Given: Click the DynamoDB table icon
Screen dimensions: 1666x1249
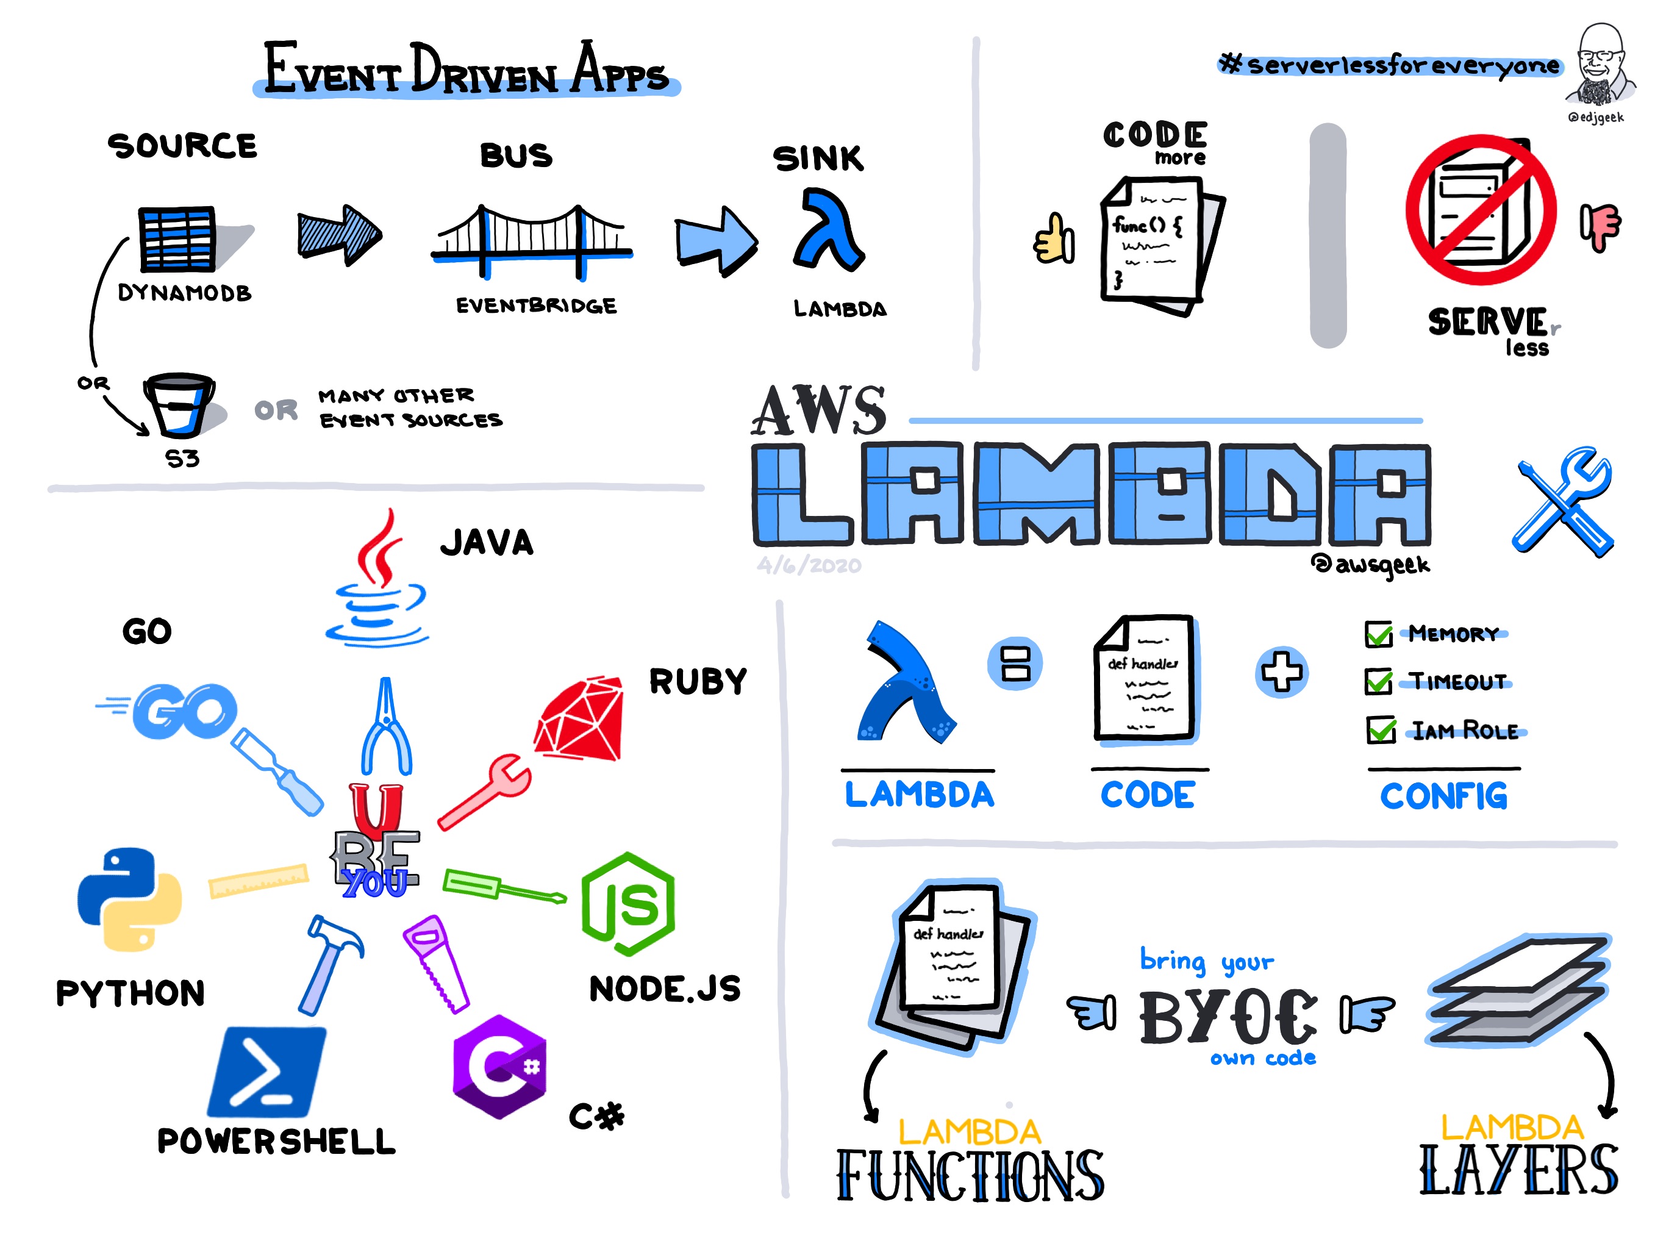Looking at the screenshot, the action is point(177,238).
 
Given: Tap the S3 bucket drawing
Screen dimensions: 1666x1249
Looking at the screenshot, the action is point(179,406).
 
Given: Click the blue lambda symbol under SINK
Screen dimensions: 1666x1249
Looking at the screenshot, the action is point(829,230).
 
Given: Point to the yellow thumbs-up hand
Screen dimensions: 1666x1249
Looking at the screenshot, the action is point(1054,239).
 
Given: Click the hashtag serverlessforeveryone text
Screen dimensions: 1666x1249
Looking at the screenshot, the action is point(1390,65).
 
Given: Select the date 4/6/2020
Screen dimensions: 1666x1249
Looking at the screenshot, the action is point(809,565).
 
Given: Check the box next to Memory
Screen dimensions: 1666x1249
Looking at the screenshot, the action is point(1379,634).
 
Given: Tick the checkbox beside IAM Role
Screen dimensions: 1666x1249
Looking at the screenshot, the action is point(1381,729).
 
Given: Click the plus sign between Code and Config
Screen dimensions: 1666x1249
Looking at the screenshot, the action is point(1282,671).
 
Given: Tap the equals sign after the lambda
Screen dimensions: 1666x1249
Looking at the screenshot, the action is point(1015,664).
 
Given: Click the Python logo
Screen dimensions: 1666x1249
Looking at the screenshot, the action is point(129,899).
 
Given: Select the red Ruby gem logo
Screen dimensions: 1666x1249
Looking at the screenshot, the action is point(579,718).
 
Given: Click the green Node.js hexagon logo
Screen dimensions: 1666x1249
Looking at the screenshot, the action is point(628,904).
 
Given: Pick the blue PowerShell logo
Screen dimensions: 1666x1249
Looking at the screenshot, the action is point(266,1071).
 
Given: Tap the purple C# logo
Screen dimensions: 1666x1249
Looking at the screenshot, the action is point(499,1066).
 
